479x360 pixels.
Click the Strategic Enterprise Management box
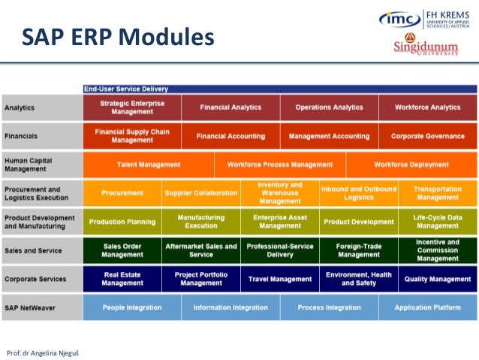point(132,107)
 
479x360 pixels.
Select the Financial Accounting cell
point(230,136)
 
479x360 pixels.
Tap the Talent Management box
point(149,165)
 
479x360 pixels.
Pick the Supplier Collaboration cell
point(200,193)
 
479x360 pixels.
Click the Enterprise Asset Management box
point(279,222)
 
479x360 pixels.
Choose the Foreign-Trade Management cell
point(359,250)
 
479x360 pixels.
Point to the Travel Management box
point(279,279)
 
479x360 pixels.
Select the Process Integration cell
point(329,307)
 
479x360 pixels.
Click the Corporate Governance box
point(428,136)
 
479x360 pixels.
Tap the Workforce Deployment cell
point(411,165)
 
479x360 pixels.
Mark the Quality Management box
point(438,279)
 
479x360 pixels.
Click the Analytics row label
point(41,107)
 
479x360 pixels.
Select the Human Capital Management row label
point(41,165)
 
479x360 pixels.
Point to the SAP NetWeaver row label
point(41,307)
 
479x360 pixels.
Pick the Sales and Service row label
point(41,250)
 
